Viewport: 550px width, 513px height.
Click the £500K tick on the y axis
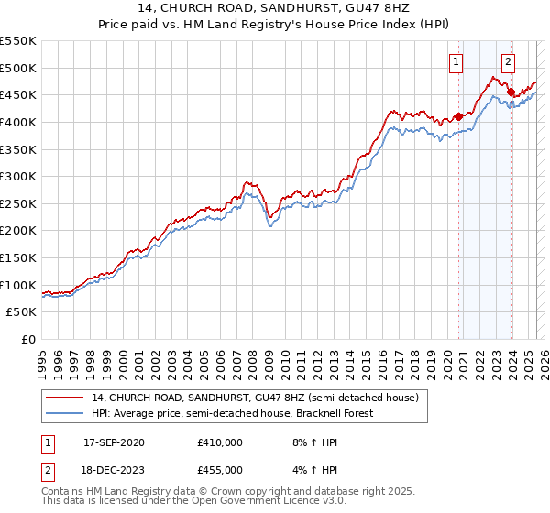pyautogui.click(x=18, y=68)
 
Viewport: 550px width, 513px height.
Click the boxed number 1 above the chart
pyautogui.click(x=456, y=62)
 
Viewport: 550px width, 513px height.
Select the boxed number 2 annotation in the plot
pyautogui.click(x=509, y=62)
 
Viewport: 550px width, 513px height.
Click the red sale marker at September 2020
pyautogui.click(x=458, y=116)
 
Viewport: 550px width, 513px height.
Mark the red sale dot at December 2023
pyautogui.click(x=511, y=92)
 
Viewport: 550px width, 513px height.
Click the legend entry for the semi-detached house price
pyautogui.click(x=254, y=398)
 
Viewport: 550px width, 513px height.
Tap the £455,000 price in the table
pyautogui.click(x=220, y=469)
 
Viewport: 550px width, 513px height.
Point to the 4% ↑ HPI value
pyautogui.click(x=313, y=469)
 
